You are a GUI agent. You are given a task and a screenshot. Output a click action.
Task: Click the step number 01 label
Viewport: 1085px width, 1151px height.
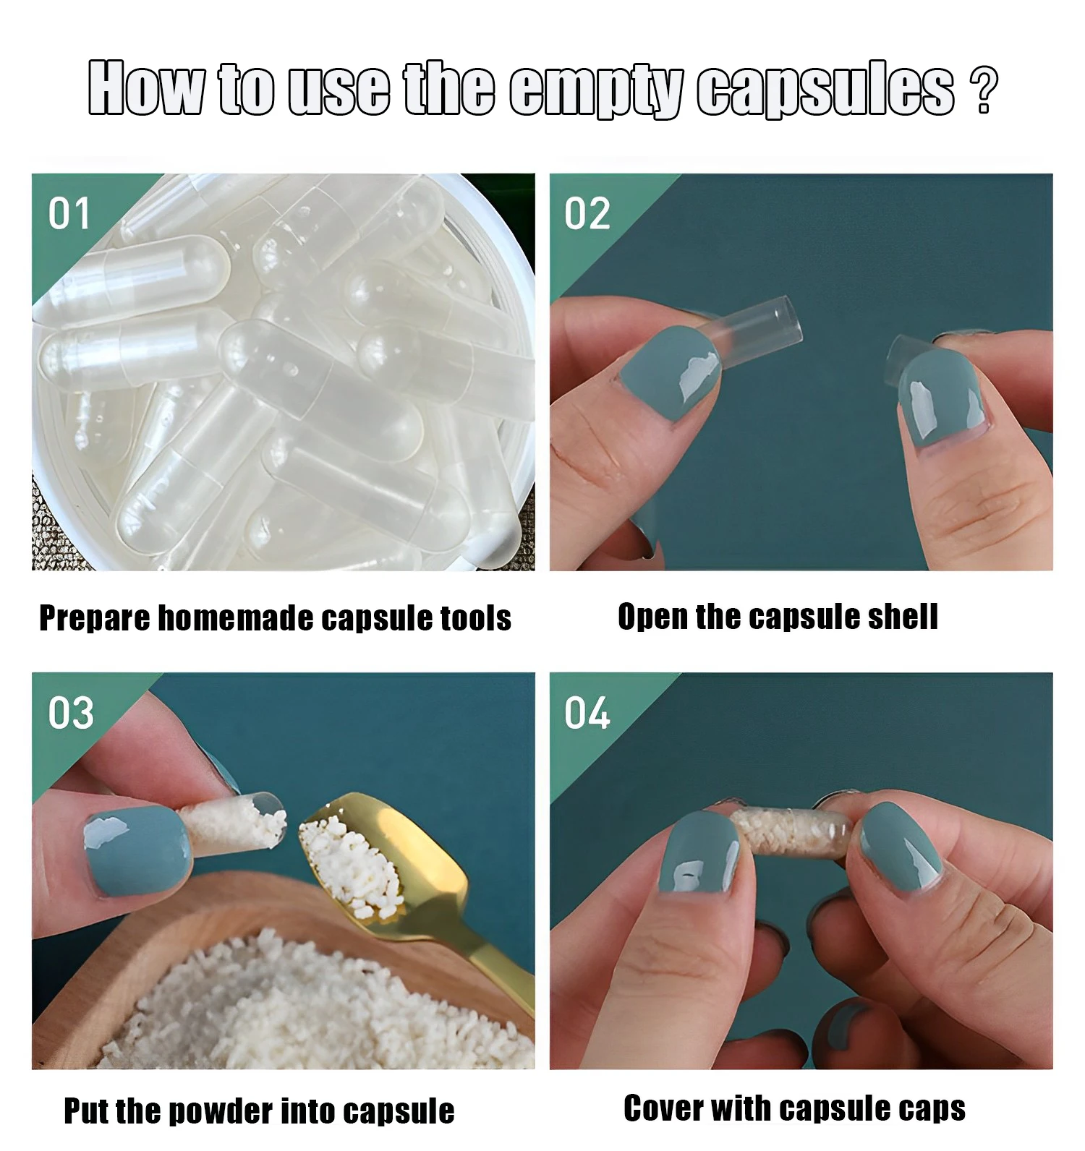click(69, 214)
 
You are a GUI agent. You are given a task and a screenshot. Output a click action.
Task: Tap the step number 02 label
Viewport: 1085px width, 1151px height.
click(587, 214)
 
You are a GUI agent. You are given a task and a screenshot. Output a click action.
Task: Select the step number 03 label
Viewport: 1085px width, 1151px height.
click(71, 713)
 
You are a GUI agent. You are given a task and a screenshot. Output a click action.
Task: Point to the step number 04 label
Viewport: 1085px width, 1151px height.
click(587, 713)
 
